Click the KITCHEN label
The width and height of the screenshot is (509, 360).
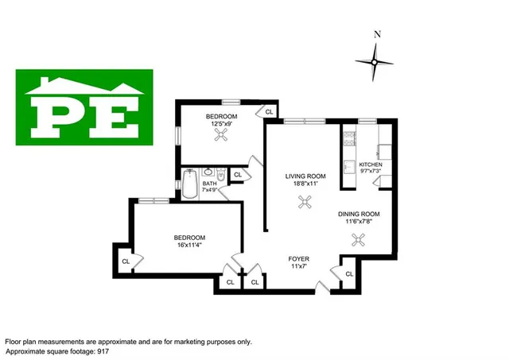pyautogui.click(x=371, y=165)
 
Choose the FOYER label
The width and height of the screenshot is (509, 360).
pyautogui.click(x=299, y=259)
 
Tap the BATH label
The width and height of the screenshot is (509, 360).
pyautogui.click(x=209, y=184)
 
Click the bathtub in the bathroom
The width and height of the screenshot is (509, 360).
pyautogui.click(x=189, y=184)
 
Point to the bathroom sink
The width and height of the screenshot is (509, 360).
pyautogui.click(x=209, y=172)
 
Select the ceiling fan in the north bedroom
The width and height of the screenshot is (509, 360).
pyautogui.click(x=220, y=135)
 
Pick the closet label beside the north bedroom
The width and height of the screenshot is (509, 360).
pyautogui.click(x=270, y=112)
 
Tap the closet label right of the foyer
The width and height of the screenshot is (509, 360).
pyautogui.click(x=348, y=274)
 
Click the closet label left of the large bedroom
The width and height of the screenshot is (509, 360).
pyautogui.click(x=126, y=261)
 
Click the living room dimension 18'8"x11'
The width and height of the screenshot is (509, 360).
pyautogui.click(x=306, y=184)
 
